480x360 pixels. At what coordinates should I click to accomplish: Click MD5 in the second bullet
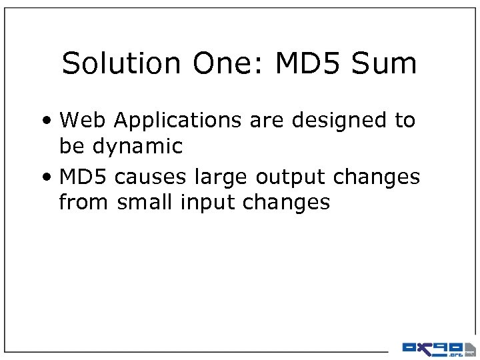(84, 177)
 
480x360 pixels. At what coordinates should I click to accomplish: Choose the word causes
(151, 177)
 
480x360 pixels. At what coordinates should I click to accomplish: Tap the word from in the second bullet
(84, 201)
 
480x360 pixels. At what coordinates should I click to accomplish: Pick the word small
(145, 201)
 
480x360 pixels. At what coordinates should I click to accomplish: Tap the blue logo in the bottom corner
(437, 347)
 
